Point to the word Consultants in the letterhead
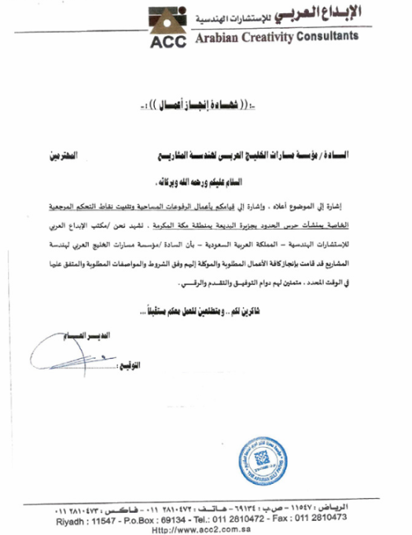coord(328,38)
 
